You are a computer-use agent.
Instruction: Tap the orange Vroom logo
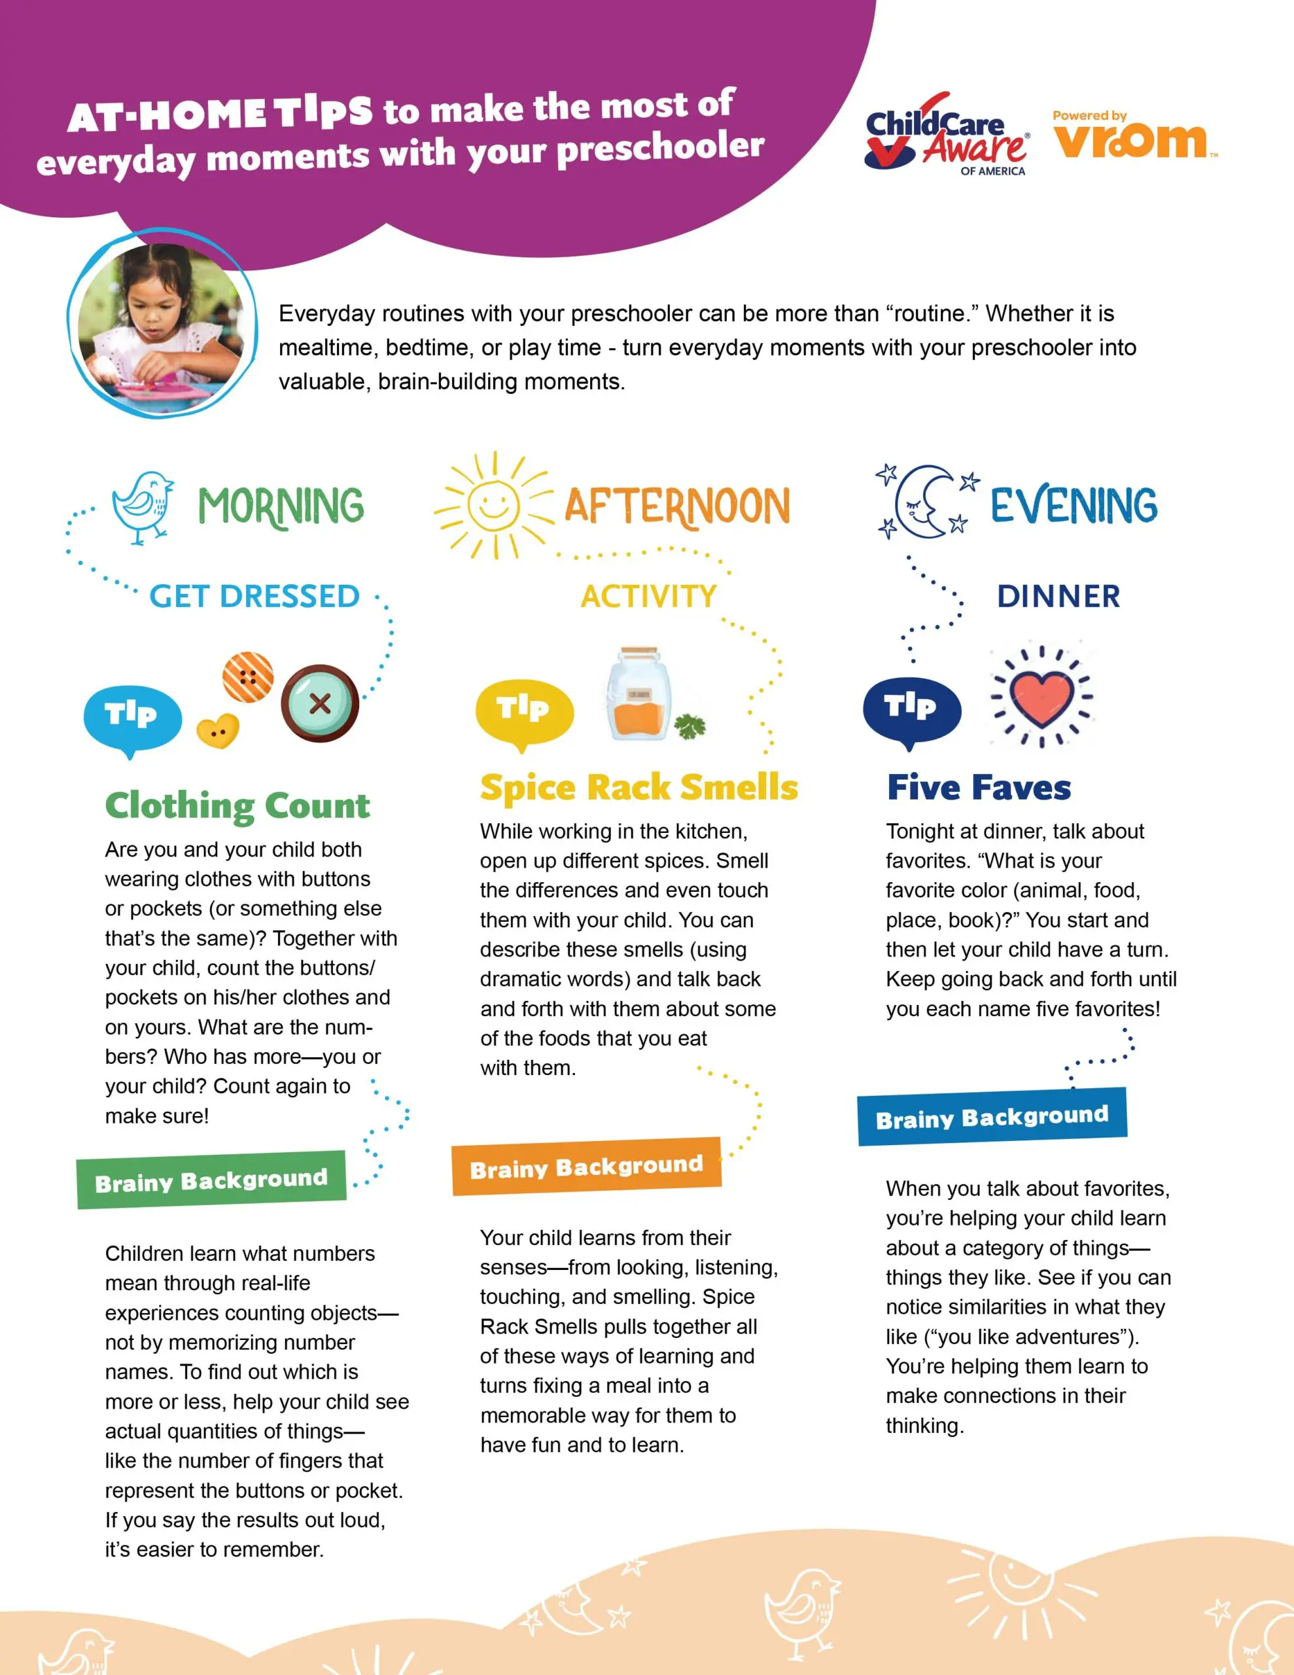coord(1131,138)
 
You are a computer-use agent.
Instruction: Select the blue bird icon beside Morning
coord(143,506)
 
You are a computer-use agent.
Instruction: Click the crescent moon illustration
coord(925,502)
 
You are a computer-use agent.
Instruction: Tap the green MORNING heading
coord(281,506)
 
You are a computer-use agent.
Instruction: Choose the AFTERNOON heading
coord(677,506)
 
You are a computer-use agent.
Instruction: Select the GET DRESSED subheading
coord(254,596)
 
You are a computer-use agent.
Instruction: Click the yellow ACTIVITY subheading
coord(648,596)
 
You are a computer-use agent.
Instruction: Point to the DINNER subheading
coord(1058,596)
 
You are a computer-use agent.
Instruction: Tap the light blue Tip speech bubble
coord(133,718)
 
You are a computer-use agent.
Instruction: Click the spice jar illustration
coord(638,694)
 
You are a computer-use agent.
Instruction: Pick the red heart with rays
coord(1041,696)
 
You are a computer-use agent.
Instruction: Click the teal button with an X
coord(320,703)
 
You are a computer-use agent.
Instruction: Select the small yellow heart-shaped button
coord(218,731)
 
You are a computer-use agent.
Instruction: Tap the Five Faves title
coord(979,788)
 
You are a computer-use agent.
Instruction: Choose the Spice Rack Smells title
coord(639,788)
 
